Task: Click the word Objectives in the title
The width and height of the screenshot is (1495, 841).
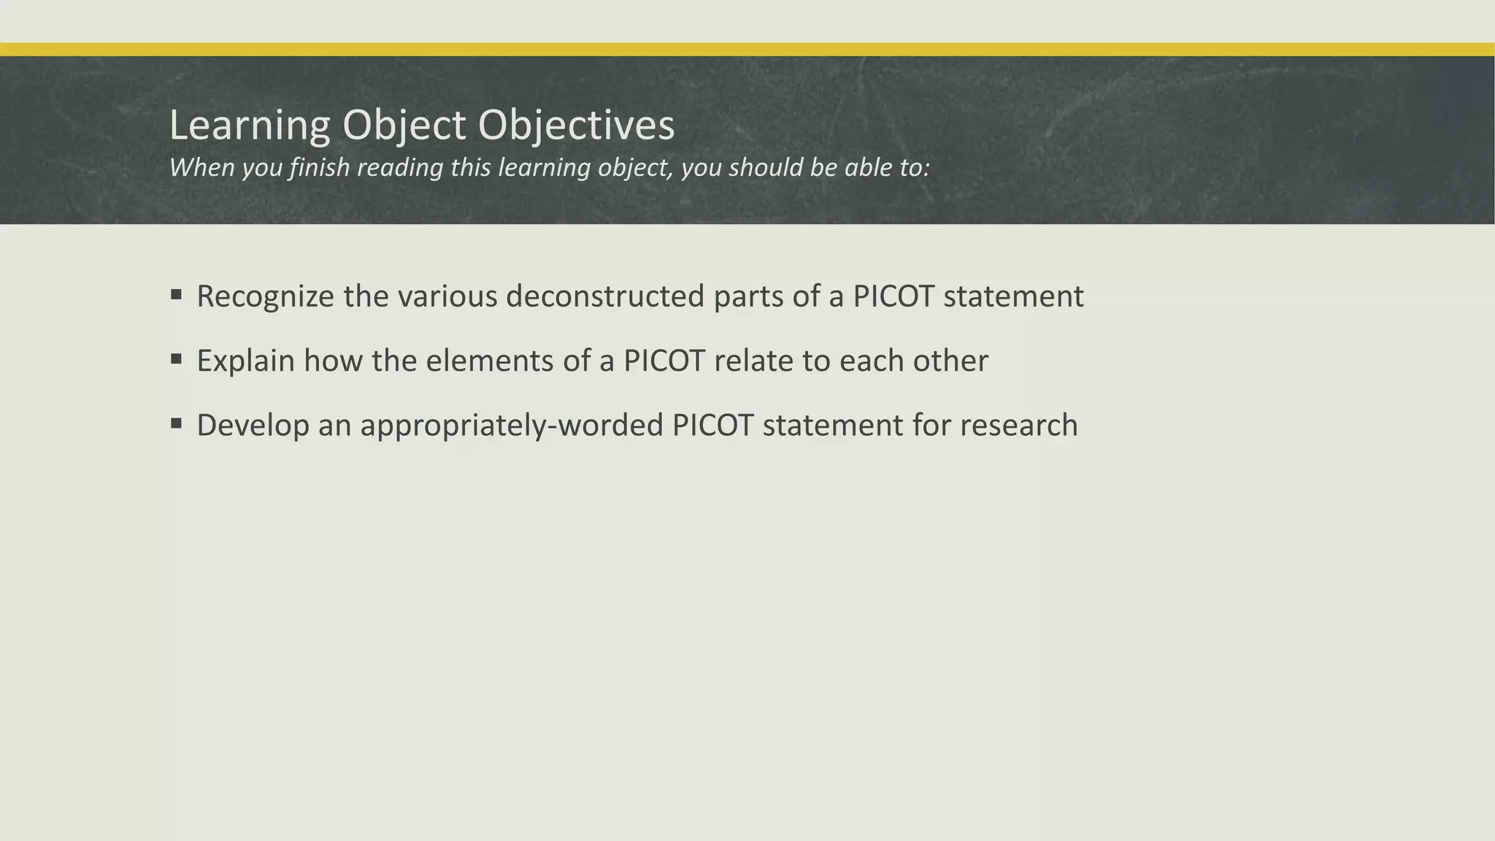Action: tap(576, 126)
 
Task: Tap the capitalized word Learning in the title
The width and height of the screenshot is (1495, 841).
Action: tap(250, 126)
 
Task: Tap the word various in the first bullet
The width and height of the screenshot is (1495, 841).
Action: tap(447, 296)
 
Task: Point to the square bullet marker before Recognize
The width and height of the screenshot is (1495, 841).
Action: tap(176, 295)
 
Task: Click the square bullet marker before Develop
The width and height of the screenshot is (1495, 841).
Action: tap(176, 423)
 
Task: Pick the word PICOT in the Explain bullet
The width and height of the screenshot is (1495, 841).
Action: tap(664, 361)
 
